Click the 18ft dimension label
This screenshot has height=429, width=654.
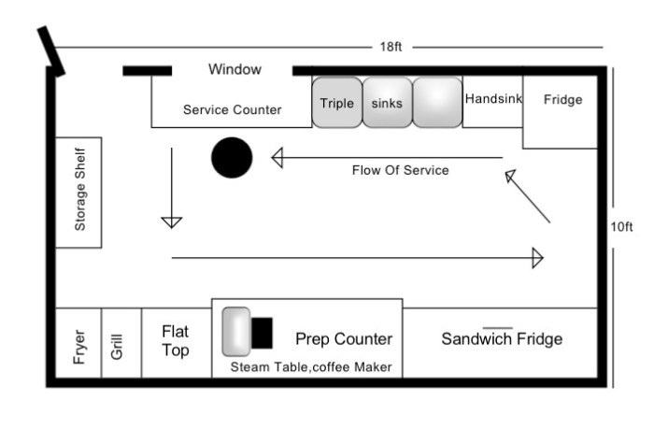coord(391,47)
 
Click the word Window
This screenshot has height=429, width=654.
coord(235,69)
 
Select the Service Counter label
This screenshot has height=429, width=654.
coord(232,110)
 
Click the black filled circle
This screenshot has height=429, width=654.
coord(232,157)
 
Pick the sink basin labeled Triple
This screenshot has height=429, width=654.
coord(337,103)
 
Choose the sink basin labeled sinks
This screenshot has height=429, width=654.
coord(387,103)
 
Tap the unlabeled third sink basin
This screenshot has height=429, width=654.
coord(437,103)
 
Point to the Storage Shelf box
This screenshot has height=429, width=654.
coord(78,193)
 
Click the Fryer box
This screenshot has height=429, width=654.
coord(78,343)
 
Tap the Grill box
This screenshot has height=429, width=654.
coord(121,343)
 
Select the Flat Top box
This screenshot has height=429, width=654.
coord(176,343)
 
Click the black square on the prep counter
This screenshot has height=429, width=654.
coord(263,332)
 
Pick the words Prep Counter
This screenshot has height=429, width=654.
coord(344,338)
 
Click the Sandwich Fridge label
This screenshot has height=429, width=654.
coord(502,338)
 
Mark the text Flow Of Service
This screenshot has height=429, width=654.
coord(400,171)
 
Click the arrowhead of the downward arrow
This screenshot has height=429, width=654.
coord(171,222)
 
